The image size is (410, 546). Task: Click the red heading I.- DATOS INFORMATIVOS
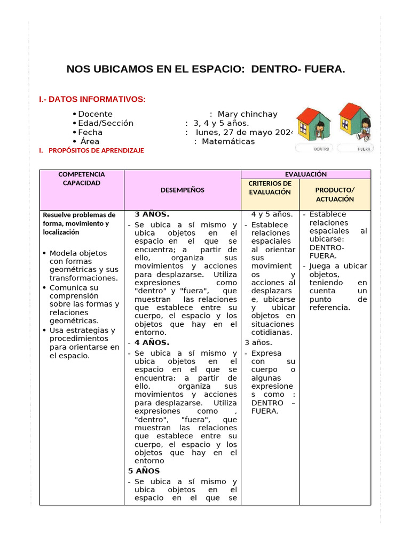[x=92, y=100]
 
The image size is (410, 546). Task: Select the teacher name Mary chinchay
[x=247, y=114]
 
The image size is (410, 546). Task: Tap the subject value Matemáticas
[x=228, y=141]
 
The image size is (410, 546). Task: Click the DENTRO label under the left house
[x=321, y=149]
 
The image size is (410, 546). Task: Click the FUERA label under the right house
[x=365, y=149]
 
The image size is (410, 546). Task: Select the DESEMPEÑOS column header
[x=183, y=190]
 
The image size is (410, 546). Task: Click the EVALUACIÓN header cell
[x=306, y=174]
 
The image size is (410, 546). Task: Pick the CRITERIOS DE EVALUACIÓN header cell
[x=270, y=188]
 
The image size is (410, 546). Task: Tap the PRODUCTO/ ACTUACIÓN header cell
[x=335, y=194]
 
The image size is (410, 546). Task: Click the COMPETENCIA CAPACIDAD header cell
[x=81, y=179]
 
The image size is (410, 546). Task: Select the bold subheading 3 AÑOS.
[x=152, y=214]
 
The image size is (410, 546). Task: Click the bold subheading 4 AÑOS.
[x=152, y=343]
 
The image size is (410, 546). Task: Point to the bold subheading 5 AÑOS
[x=144, y=471]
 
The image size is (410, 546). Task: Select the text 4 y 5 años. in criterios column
[x=272, y=214]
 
